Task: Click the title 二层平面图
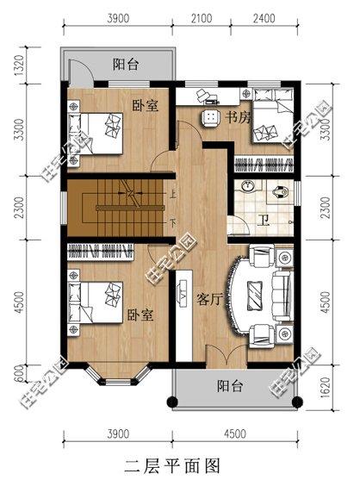(x=172, y=466)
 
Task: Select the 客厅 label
(x=210, y=300)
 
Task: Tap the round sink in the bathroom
(x=249, y=187)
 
